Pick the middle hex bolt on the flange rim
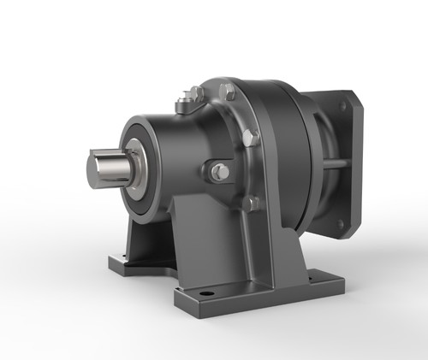click(250, 137)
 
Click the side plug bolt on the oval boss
click(220, 173)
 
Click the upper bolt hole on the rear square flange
click(343, 107)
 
